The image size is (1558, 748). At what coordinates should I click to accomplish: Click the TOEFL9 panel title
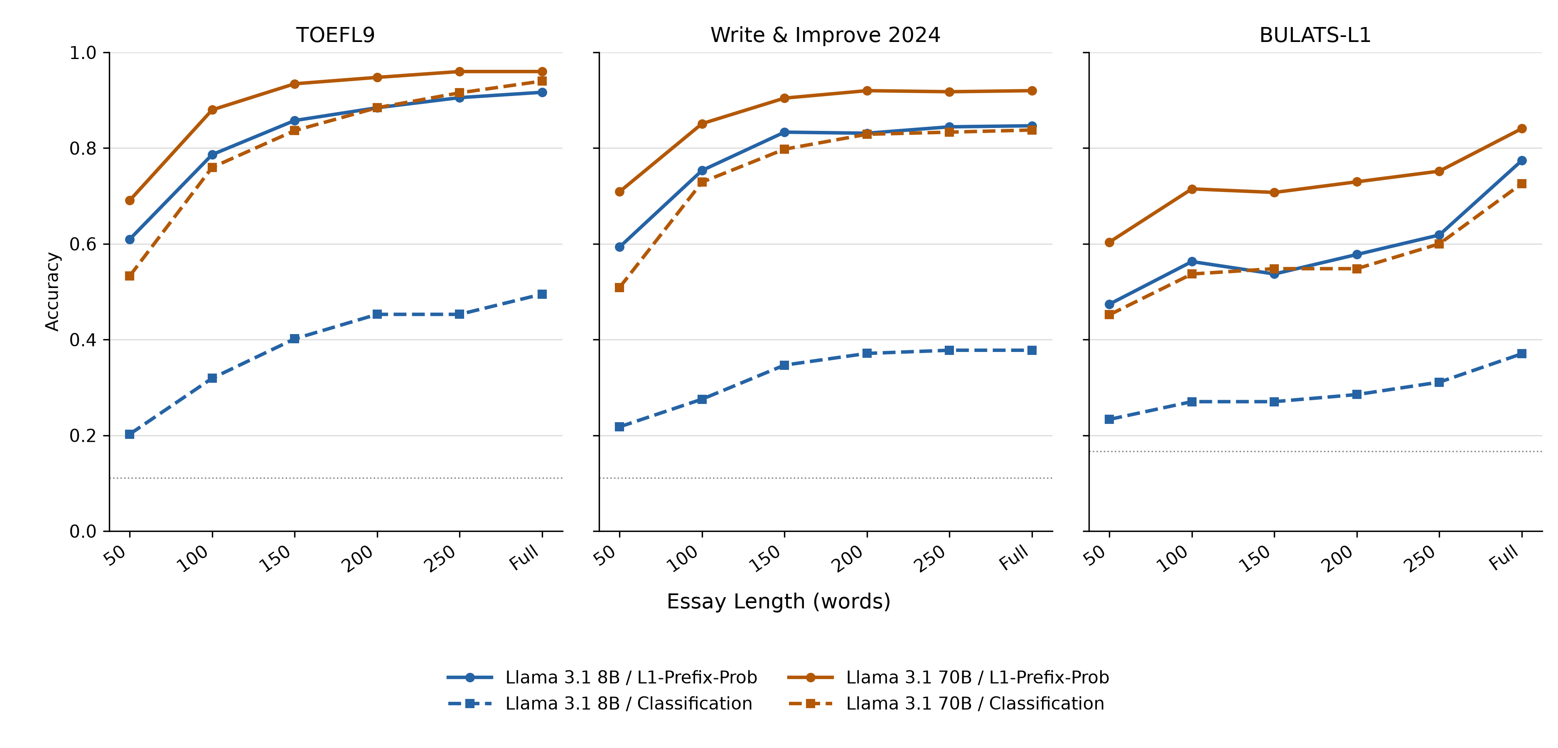pyautogui.click(x=335, y=35)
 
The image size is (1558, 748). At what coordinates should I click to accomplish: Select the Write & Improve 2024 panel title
pyautogui.click(x=825, y=35)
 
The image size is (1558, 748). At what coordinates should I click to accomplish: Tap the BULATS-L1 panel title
pyautogui.click(x=1315, y=35)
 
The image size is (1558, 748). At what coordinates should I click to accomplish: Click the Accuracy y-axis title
pyautogui.click(x=53, y=292)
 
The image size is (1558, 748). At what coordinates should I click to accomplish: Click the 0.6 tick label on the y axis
pyautogui.click(x=83, y=244)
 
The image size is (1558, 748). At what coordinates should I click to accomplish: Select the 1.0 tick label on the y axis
pyautogui.click(x=83, y=53)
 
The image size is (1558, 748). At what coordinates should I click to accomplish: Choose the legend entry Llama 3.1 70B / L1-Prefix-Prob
pyautogui.click(x=977, y=677)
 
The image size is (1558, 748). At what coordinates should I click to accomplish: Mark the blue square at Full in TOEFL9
pyautogui.click(x=542, y=294)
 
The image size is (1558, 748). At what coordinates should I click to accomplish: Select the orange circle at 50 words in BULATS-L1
pyautogui.click(x=1109, y=242)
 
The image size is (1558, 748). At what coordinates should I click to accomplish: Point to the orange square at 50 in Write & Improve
pyautogui.click(x=619, y=288)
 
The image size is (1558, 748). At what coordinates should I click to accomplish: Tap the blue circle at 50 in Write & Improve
pyautogui.click(x=619, y=247)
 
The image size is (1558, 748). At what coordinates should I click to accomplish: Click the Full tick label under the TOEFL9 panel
pyautogui.click(x=524, y=557)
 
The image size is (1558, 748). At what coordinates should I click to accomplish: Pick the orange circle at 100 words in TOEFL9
pyautogui.click(x=212, y=110)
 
